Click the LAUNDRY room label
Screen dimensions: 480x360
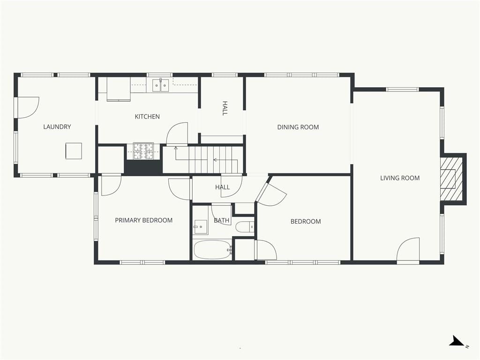click(x=57, y=127)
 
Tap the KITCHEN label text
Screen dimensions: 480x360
click(x=147, y=117)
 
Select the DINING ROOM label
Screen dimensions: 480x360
click(x=298, y=127)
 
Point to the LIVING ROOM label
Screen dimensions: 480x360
click(x=400, y=178)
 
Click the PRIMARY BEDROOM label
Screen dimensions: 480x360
click(x=143, y=220)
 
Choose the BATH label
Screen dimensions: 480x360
click(x=221, y=220)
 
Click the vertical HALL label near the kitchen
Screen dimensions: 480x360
click(x=225, y=108)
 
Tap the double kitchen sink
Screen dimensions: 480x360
click(x=161, y=85)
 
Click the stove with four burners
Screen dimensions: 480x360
click(x=143, y=151)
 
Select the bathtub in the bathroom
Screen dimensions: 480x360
click(x=212, y=249)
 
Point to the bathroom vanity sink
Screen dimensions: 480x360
click(x=200, y=226)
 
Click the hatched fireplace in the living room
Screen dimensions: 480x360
click(x=451, y=179)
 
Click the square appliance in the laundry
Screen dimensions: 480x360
click(x=74, y=150)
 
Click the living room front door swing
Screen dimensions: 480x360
click(x=408, y=249)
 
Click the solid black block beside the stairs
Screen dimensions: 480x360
click(x=143, y=167)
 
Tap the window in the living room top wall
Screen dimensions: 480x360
click(x=402, y=90)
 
